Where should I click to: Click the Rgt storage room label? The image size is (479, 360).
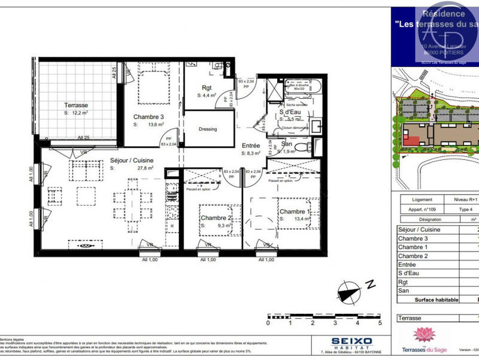207,87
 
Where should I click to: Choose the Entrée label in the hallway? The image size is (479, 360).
250,146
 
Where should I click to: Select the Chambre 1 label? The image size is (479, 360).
293,211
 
